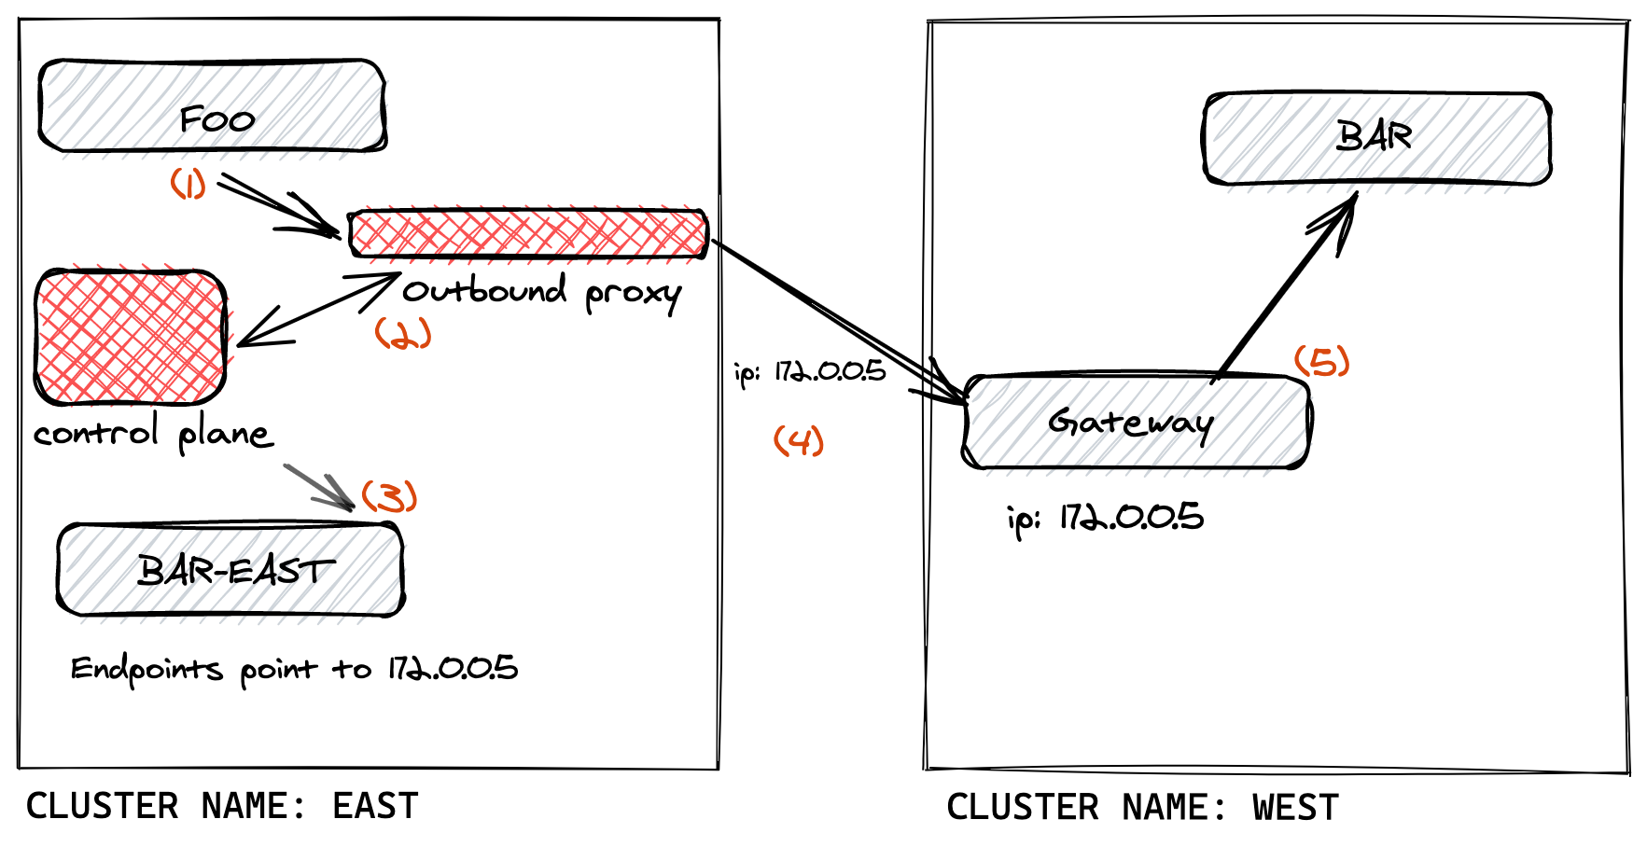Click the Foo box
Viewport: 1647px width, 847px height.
tap(212, 105)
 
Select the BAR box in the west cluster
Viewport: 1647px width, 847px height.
tap(1376, 138)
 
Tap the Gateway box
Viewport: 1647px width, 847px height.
tap(1136, 422)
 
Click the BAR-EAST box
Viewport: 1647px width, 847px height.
tap(230, 569)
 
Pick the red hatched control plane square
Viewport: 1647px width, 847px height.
tap(131, 338)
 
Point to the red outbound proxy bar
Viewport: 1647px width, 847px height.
tap(528, 233)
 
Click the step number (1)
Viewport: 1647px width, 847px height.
tap(188, 183)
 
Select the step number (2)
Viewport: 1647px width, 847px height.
tap(403, 333)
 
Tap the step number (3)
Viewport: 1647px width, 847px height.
tap(389, 496)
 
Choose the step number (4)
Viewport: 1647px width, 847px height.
tap(799, 440)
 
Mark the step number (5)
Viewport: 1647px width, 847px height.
tap(1322, 361)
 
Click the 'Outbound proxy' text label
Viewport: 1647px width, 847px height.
tap(541, 293)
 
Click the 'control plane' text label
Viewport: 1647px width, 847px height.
tap(153, 434)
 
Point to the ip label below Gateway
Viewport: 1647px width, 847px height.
tap(1106, 518)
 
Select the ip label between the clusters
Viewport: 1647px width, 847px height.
tap(810, 372)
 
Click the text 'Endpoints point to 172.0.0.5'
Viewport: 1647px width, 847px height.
tap(294, 669)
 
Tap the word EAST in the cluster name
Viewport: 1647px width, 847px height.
tap(375, 806)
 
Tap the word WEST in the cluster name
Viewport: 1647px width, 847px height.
tap(1295, 808)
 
